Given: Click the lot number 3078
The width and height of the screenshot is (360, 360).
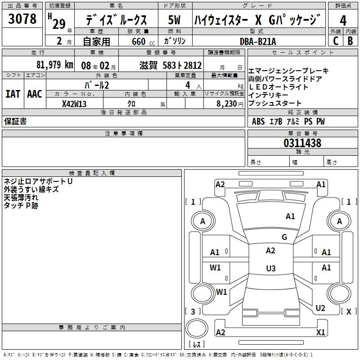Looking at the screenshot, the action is pos(22,19).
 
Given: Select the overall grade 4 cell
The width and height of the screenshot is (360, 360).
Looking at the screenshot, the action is pos(343,20).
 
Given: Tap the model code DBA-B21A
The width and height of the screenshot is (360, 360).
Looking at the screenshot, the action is pos(258,41).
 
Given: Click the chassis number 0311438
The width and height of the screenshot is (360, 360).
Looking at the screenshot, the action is pos(302,144).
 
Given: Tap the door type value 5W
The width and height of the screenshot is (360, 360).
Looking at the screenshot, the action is pos(175,20).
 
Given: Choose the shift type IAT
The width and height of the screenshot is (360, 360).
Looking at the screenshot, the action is pos(13,94).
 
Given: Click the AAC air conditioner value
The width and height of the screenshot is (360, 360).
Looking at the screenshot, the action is pos(34,94).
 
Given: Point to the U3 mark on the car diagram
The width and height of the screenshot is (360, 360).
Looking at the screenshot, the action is pos(270,269).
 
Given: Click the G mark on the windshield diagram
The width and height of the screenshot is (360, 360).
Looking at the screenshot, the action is pos(284,237).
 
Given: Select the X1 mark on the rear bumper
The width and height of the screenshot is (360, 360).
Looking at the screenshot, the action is pos(321,333).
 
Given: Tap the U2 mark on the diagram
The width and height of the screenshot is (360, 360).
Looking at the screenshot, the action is pos(320,308).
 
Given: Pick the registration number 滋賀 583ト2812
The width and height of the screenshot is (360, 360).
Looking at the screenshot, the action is pos(171,65).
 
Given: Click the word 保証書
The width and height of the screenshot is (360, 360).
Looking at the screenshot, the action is pos(15,121).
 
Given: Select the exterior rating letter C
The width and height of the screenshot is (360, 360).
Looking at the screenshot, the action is pos(336,40).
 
